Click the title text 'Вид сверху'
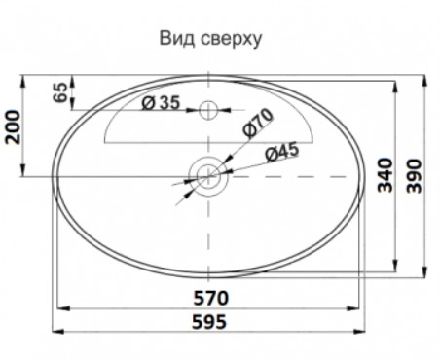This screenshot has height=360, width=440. pyautogui.click(x=212, y=40)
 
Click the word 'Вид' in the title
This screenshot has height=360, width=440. pyautogui.click(x=175, y=40)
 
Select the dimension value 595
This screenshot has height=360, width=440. pyautogui.click(x=207, y=321)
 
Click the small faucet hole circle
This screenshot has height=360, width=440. pyautogui.click(x=209, y=110)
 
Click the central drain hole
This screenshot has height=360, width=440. pyautogui.click(x=209, y=176)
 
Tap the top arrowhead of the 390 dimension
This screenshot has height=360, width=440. pyautogui.click(x=425, y=80)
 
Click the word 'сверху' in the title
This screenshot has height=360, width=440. pyautogui.click(x=229, y=41)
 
